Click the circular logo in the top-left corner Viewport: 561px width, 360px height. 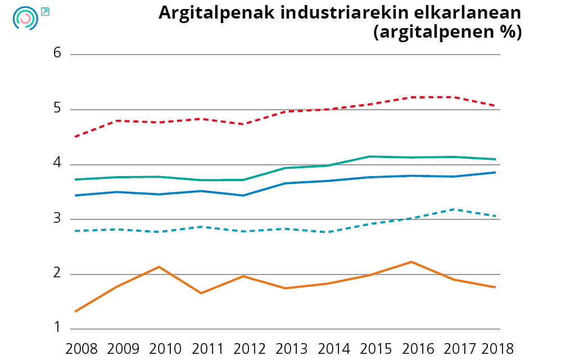[x=25, y=19]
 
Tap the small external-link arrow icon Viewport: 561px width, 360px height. [x=46, y=11]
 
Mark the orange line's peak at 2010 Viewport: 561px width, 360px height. [x=159, y=267]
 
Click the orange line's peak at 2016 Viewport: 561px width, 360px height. [x=411, y=262]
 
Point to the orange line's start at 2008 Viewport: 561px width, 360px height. [x=75, y=311]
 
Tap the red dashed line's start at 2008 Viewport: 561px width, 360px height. [x=75, y=137]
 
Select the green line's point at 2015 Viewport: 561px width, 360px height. [x=369, y=156]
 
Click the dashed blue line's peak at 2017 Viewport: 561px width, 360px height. [x=453, y=209]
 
